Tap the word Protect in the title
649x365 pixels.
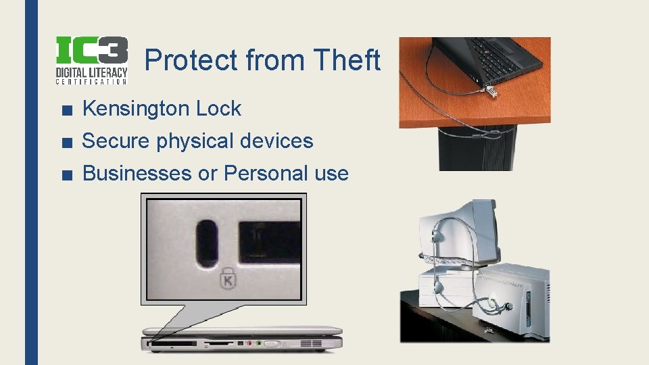click(191, 61)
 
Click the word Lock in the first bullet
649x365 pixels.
click(218, 108)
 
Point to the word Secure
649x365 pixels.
click(116, 141)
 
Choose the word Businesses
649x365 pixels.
click(137, 173)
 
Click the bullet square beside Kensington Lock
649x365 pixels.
click(64, 109)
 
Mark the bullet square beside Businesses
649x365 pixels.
click(64, 174)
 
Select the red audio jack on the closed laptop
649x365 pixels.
click(249, 344)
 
